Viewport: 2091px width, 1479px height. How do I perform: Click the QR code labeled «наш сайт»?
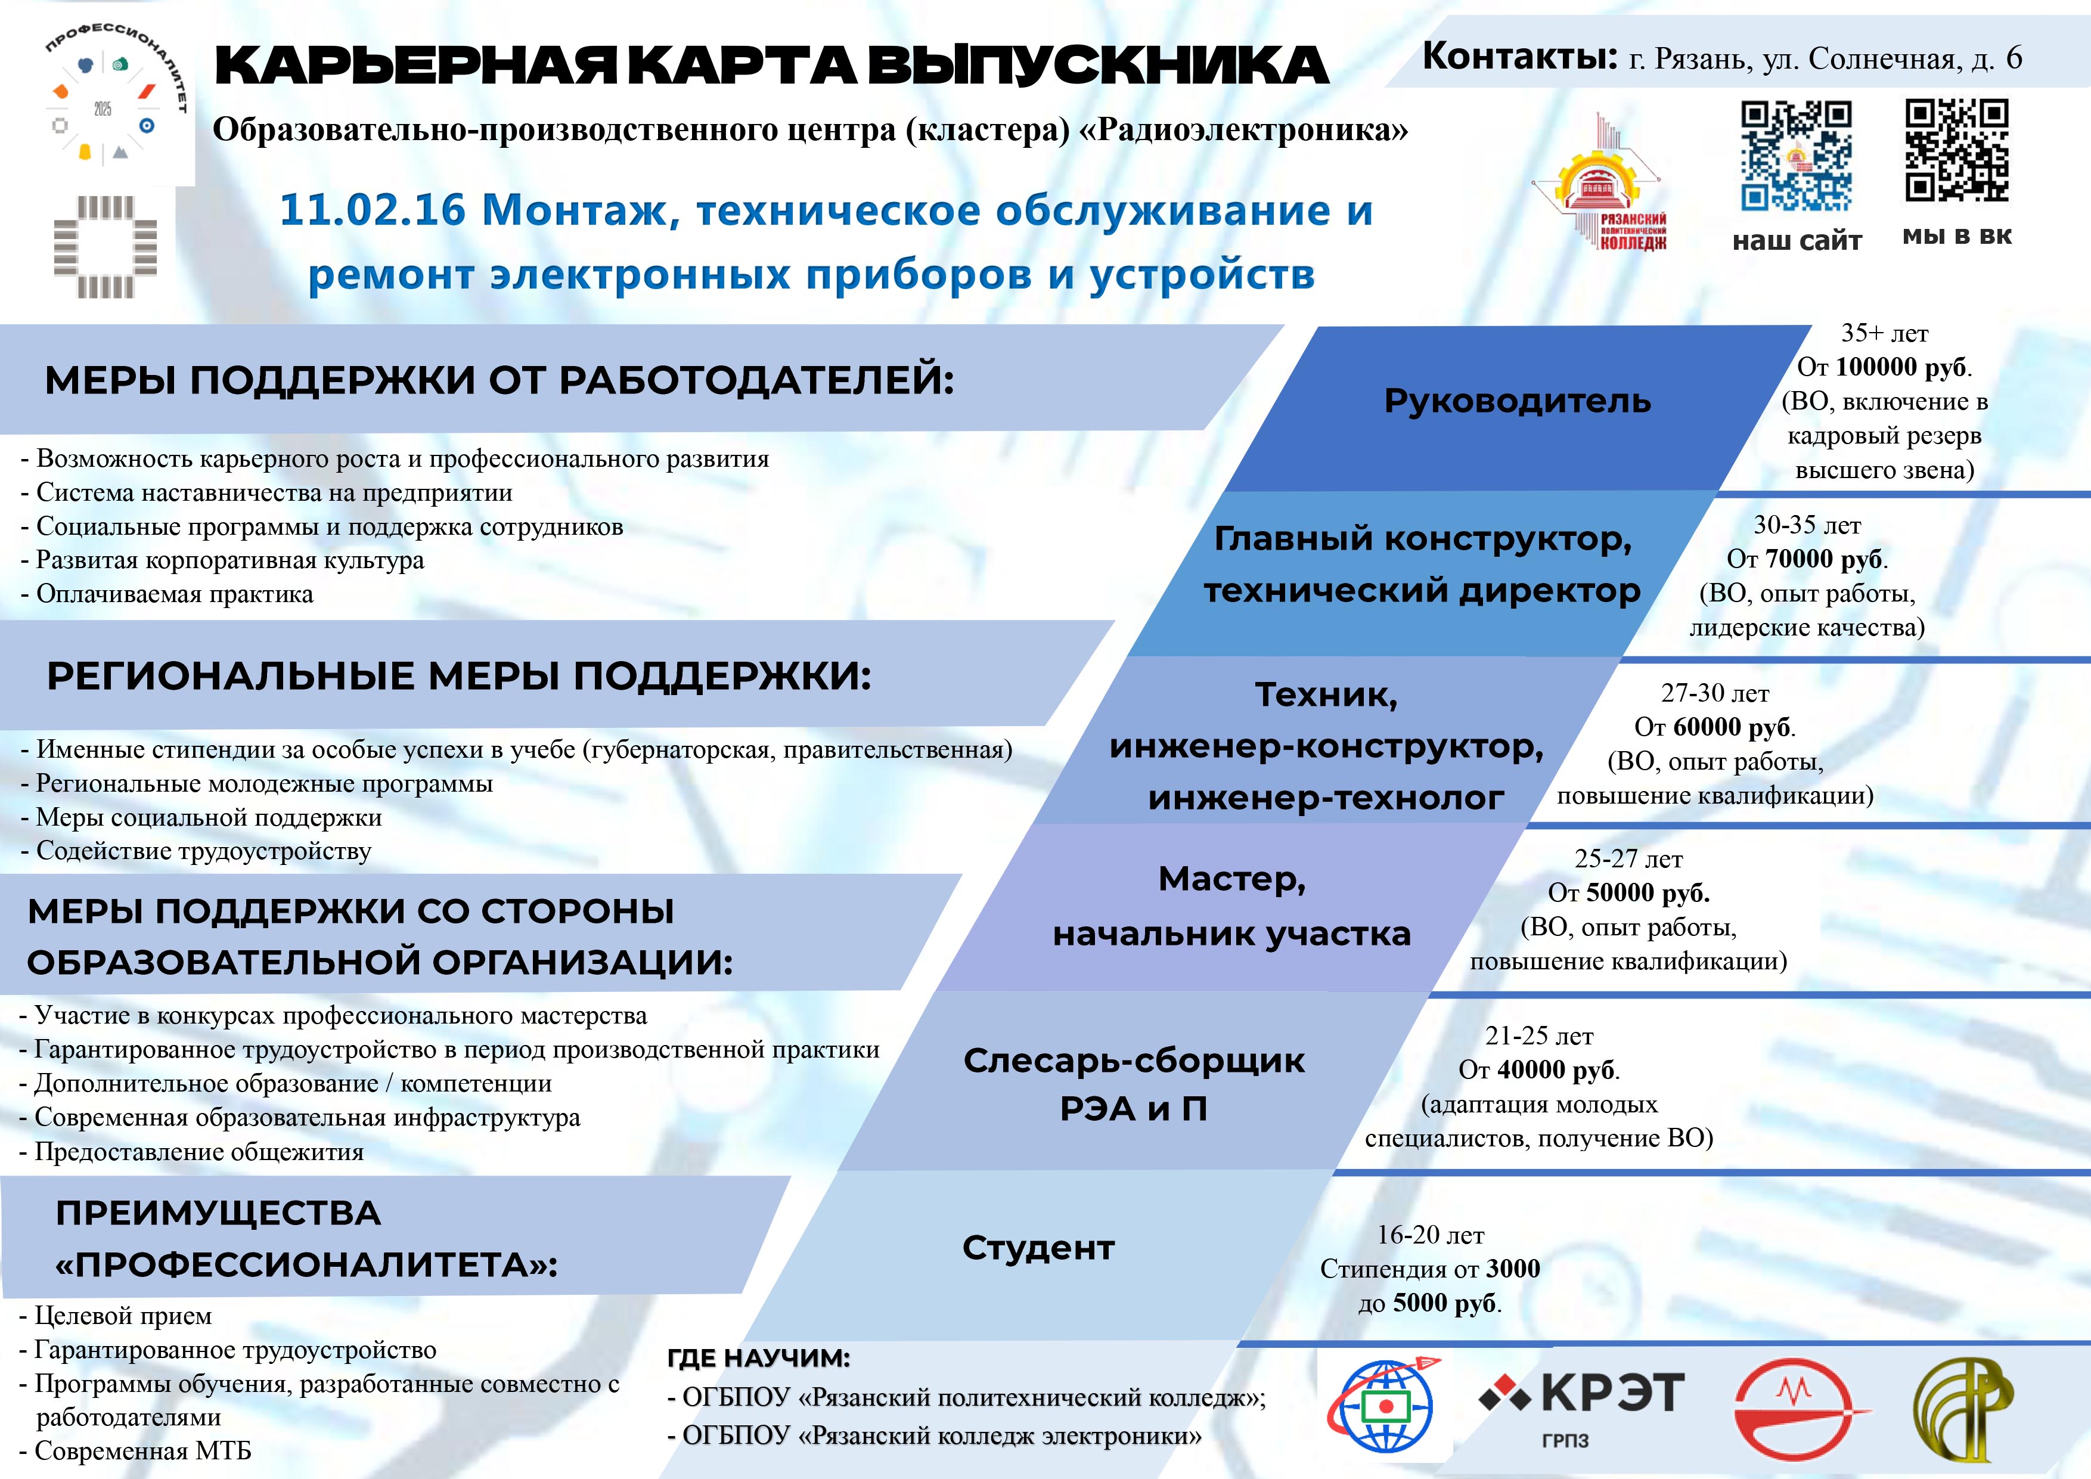(1796, 156)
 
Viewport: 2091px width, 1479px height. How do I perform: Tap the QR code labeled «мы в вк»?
(1956, 150)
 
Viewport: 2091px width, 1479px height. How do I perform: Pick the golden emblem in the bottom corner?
(1963, 1407)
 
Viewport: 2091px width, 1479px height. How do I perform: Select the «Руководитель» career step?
(1517, 401)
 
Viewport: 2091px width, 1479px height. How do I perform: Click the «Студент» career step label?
(1038, 1248)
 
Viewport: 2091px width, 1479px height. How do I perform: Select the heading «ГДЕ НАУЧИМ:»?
(759, 1358)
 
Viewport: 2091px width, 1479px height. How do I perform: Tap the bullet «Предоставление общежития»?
(191, 1152)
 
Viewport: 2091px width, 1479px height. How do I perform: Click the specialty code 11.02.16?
(371, 210)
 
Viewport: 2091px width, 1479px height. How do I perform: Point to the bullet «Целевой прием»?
(116, 1316)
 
